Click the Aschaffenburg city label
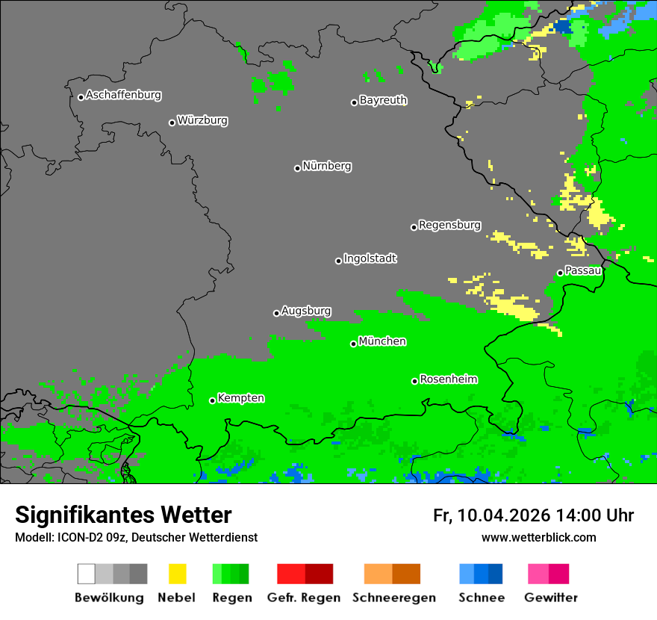tap(123, 96)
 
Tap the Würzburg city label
tap(202, 120)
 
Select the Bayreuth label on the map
tap(383, 100)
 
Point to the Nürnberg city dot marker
tap(297, 168)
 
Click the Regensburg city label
tap(449, 225)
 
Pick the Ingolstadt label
tap(370, 258)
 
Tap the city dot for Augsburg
tap(276, 313)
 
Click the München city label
tap(382, 341)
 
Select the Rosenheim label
tap(448, 379)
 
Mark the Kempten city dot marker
tap(212, 400)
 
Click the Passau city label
tap(583, 270)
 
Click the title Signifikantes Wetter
tap(123, 515)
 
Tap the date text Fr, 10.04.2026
tap(491, 515)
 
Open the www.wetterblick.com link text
tap(538, 537)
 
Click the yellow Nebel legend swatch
tap(177, 574)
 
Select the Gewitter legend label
tap(550, 598)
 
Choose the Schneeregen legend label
tap(393, 598)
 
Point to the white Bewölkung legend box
tap(87, 574)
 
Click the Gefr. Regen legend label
tap(303, 598)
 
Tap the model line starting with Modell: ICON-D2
tap(136, 537)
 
